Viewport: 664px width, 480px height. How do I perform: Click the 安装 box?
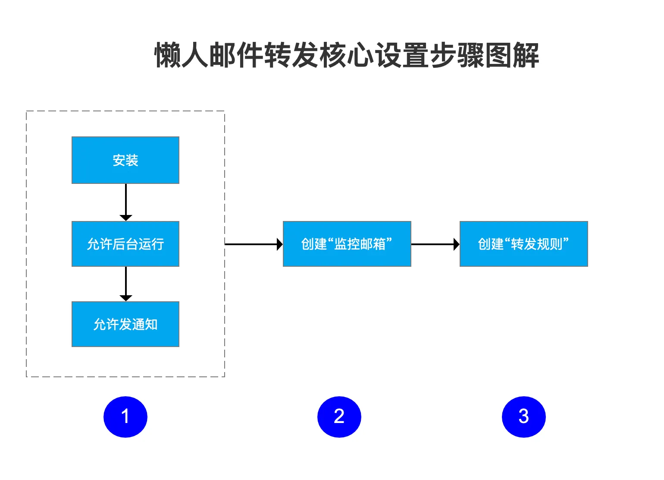[x=125, y=160]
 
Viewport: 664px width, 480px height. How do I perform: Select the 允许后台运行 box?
[x=125, y=244]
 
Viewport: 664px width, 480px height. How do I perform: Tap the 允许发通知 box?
[x=125, y=324]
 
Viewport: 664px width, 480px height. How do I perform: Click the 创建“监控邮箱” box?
[x=347, y=244]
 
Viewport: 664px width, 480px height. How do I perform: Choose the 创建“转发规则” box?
[x=524, y=244]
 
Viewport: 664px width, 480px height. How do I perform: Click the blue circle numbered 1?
[x=125, y=417]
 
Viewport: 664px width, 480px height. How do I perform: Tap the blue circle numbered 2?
[x=339, y=417]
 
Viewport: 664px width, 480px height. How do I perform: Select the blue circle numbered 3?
[x=524, y=417]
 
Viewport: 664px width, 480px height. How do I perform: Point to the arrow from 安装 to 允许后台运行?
[x=126, y=202]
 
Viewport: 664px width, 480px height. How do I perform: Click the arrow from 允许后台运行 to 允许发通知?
[x=126, y=284]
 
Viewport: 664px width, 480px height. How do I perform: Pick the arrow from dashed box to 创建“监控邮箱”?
[x=254, y=244]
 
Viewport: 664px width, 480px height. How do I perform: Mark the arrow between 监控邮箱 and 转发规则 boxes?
[x=435, y=244]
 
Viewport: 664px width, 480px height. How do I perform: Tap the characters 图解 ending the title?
[x=512, y=55]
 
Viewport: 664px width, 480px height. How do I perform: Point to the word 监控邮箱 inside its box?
[x=360, y=244]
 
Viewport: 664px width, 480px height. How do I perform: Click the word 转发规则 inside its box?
[x=536, y=244]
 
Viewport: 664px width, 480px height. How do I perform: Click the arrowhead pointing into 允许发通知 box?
[x=126, y=298]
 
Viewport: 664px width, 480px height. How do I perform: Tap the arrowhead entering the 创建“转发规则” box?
[x=457, y=244]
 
